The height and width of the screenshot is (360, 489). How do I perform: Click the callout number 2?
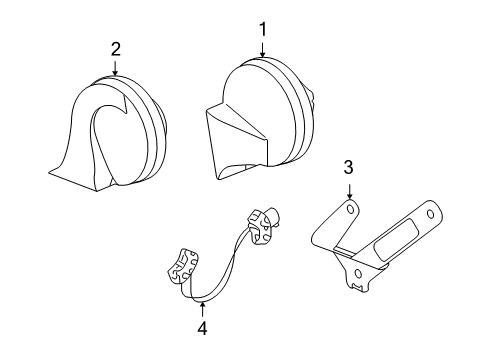[116, 49]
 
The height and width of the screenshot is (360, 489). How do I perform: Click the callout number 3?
[348, 167]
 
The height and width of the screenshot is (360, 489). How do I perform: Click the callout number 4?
[202, 326]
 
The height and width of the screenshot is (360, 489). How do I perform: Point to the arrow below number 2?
[116, 68]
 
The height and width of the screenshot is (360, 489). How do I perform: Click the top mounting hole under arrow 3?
[350, 209]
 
